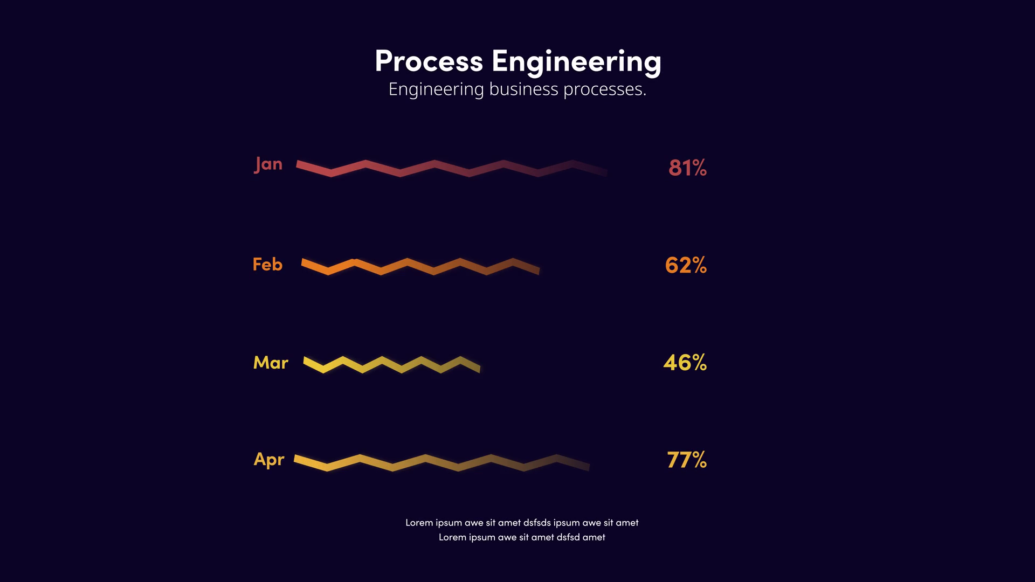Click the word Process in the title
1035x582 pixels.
click(429, 61)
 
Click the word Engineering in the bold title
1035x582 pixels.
click(576, 62)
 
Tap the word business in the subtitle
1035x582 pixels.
click(523, 89)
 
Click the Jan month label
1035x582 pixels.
click(268, 164)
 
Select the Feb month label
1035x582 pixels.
click(267, 265)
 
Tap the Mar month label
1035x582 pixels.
click(271, 363)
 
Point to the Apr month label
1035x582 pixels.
click(268, 460)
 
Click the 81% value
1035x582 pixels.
click(687, 168)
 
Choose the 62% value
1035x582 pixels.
click(686, 265)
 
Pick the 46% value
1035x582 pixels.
click(685, 363)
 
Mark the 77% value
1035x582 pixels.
click(686, 460)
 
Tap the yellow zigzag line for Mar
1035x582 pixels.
click(382, 364)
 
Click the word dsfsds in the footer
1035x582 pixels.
click(537, 523)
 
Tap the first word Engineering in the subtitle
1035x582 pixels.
click(436, 89)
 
